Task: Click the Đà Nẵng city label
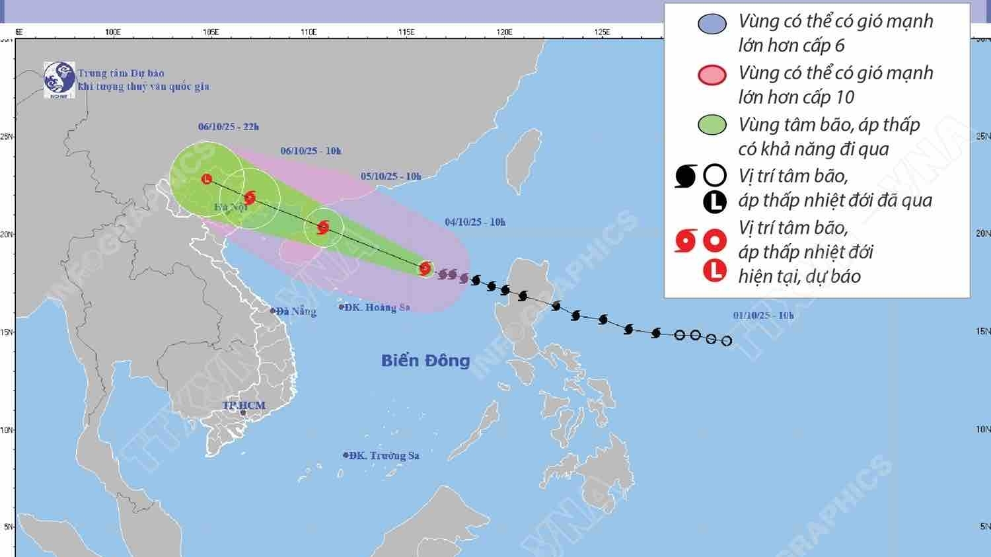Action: [296, 311]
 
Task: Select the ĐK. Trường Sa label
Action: [383, 455]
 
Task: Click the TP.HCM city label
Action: [243, 405]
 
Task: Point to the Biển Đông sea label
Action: [425, 360]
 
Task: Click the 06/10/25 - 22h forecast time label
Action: [229, 127]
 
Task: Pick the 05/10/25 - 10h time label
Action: [390, 176]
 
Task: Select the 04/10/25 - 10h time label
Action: [475, 222]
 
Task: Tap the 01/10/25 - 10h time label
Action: [763, 315]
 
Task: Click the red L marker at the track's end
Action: [207, 178]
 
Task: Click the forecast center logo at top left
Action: [59, 80]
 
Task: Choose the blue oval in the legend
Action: [712, 24]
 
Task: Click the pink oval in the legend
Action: [712, 75]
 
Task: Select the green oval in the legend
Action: [712, 125]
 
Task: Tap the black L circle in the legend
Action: [715, 202]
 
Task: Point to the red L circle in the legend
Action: [715, 270]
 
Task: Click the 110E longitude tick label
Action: [309, 32]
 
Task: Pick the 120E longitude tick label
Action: [504, 32]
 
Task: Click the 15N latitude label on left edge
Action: [7, 332]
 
